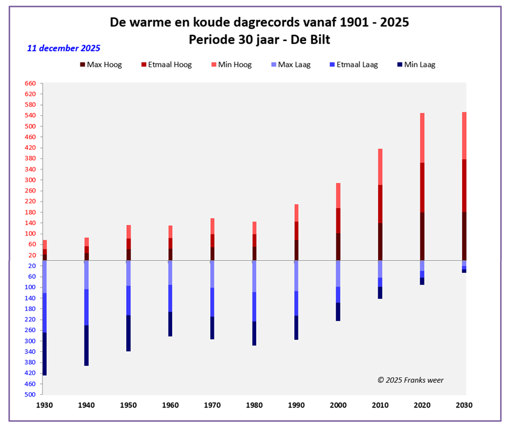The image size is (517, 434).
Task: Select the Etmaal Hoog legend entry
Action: tap(171, 65)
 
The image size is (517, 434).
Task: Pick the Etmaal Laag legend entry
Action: tap(355, 65)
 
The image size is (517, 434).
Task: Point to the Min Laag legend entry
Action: tap(419, 65)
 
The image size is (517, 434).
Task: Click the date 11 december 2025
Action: tap(63, 48)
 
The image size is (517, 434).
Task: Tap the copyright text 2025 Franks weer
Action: tap(410, 380)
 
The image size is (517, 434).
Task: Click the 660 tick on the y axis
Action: tap(30, 83)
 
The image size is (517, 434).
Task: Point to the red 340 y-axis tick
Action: tap(30, 169)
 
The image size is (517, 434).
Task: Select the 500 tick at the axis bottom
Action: tap(30, 394)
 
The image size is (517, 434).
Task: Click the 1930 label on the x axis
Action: tap(44, 405)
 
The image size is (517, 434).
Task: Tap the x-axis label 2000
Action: tap(338, 405)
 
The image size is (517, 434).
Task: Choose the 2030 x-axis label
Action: tap(464, 405)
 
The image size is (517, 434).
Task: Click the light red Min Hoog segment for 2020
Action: tap(422, 138)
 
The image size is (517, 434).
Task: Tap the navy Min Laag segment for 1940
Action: tap(86, 345)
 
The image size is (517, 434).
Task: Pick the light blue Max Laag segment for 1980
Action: tap(254, 276)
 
